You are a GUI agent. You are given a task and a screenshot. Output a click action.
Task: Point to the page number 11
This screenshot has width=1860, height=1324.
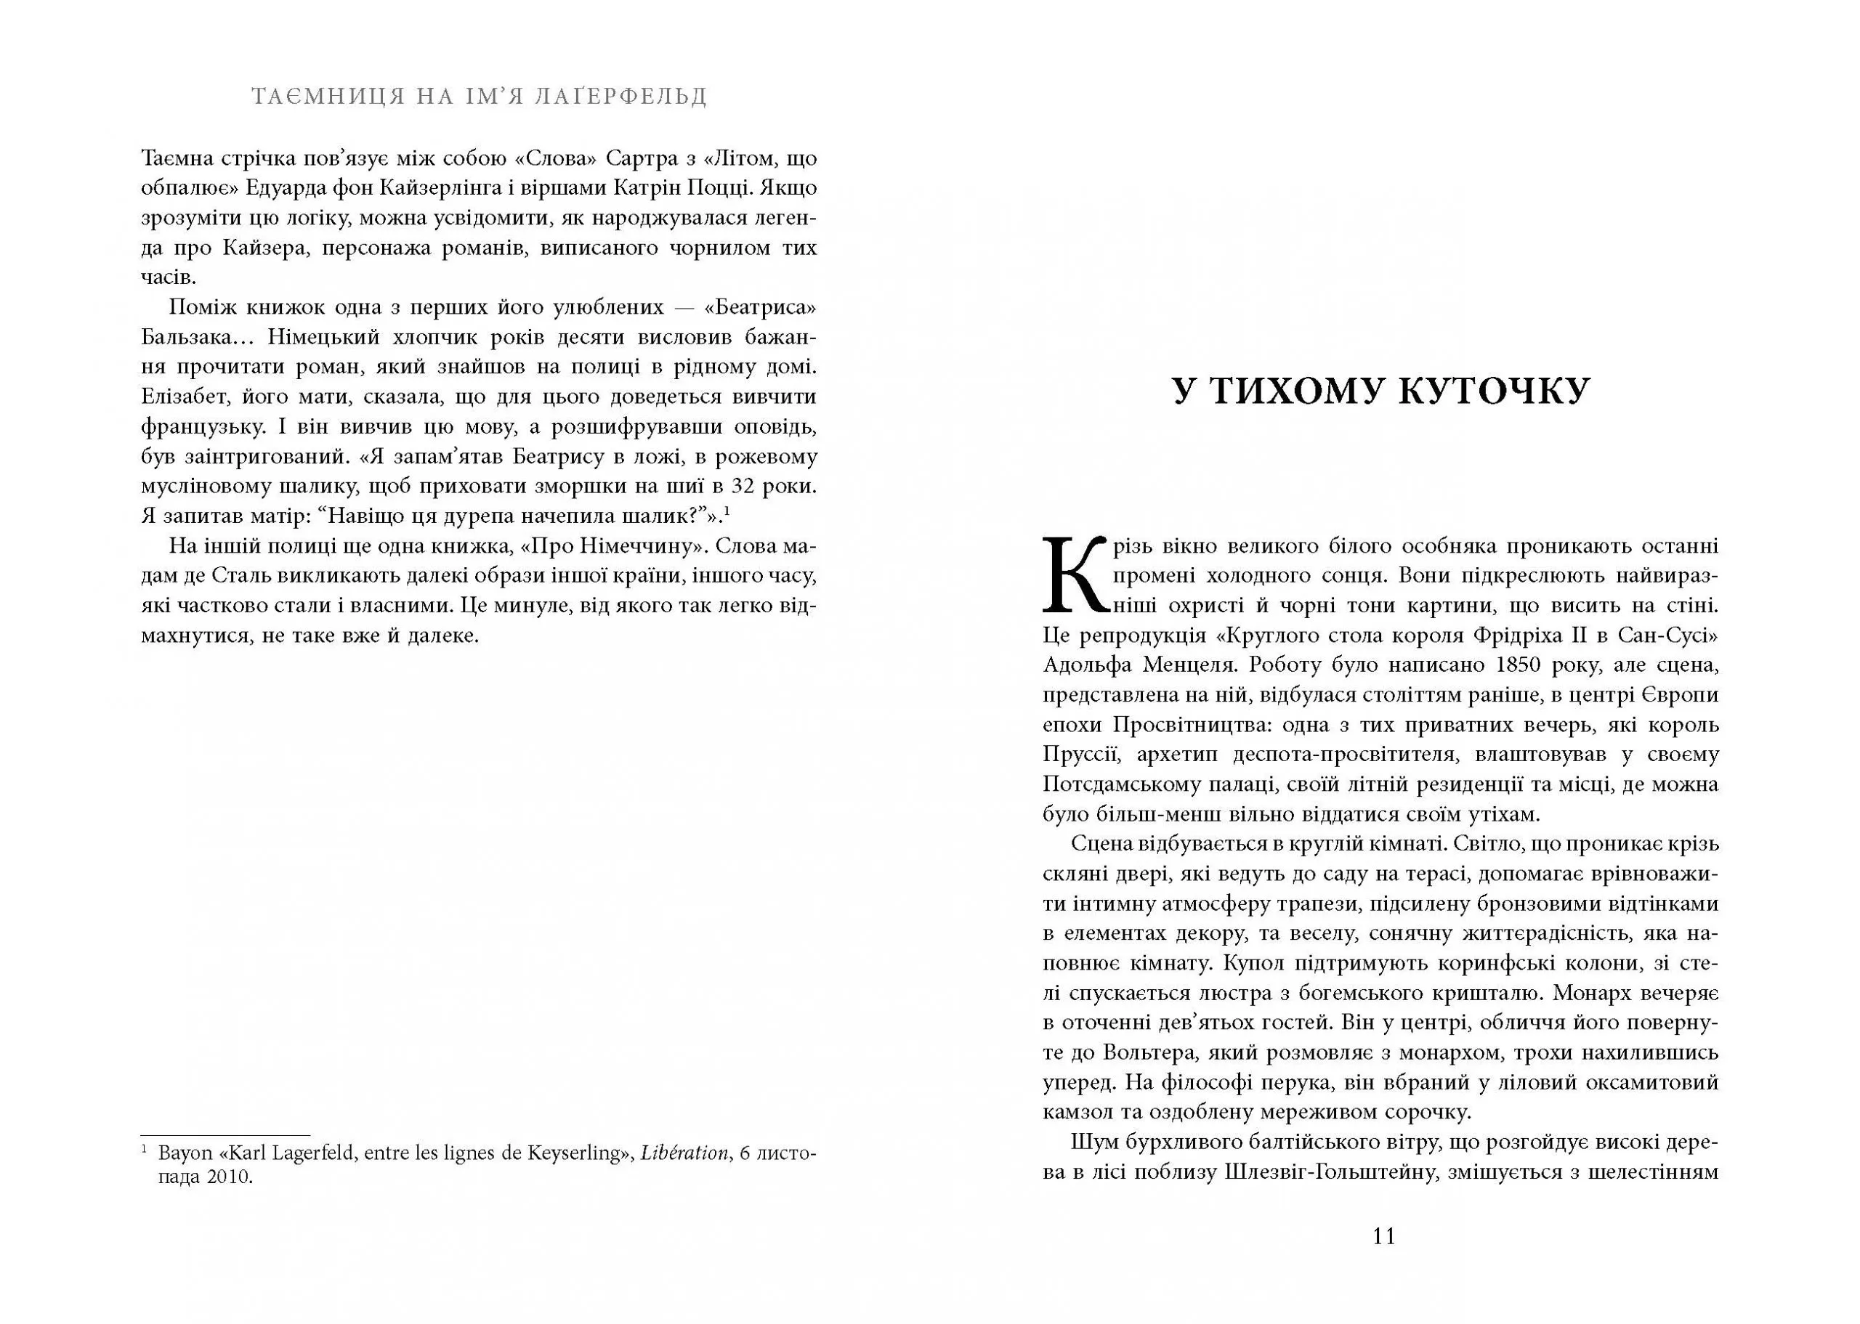point(1384,1237)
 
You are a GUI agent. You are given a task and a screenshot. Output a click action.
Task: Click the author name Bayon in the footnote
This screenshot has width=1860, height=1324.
point(184,1153)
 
